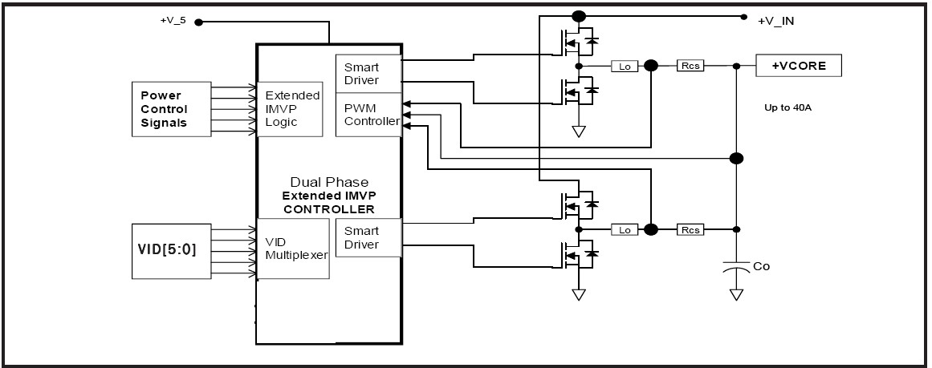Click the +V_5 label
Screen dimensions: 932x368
pos(173,19)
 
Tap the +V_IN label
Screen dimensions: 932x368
pos(776,22)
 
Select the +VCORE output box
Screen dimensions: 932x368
pos(799,65)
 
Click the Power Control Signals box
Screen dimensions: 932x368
pos(171,109)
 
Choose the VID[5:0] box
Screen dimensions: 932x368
pos(171,251)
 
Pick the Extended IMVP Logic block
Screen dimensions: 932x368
pos(290,109)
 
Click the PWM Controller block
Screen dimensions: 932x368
pos(368,115)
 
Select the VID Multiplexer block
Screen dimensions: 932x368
pos(293,248)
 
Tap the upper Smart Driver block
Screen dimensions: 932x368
pos(368,74)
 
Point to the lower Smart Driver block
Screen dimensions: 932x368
pos(368,237)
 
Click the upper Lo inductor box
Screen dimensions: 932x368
pos(625,67)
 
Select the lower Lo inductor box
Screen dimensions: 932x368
pos(625,230)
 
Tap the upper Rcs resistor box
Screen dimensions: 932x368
pos(690,66)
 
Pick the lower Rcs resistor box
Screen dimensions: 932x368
pos(690,230)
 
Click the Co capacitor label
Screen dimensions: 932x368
pos(761,266)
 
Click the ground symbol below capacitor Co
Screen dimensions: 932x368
pos(736,294)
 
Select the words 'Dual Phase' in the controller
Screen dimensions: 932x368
pos(329,182)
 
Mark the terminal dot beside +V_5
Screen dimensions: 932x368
pos(198,22)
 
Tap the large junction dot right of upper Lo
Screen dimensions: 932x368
pos(652,66)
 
